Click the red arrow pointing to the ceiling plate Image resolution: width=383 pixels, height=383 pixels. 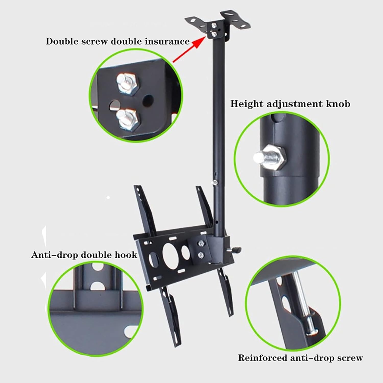click(x=189, y=50)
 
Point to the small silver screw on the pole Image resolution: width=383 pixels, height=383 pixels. click(x=215, y=182)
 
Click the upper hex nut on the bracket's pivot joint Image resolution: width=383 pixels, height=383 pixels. click(x=201, y=243)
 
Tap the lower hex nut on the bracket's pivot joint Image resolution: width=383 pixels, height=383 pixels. click(x=201, y=255)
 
